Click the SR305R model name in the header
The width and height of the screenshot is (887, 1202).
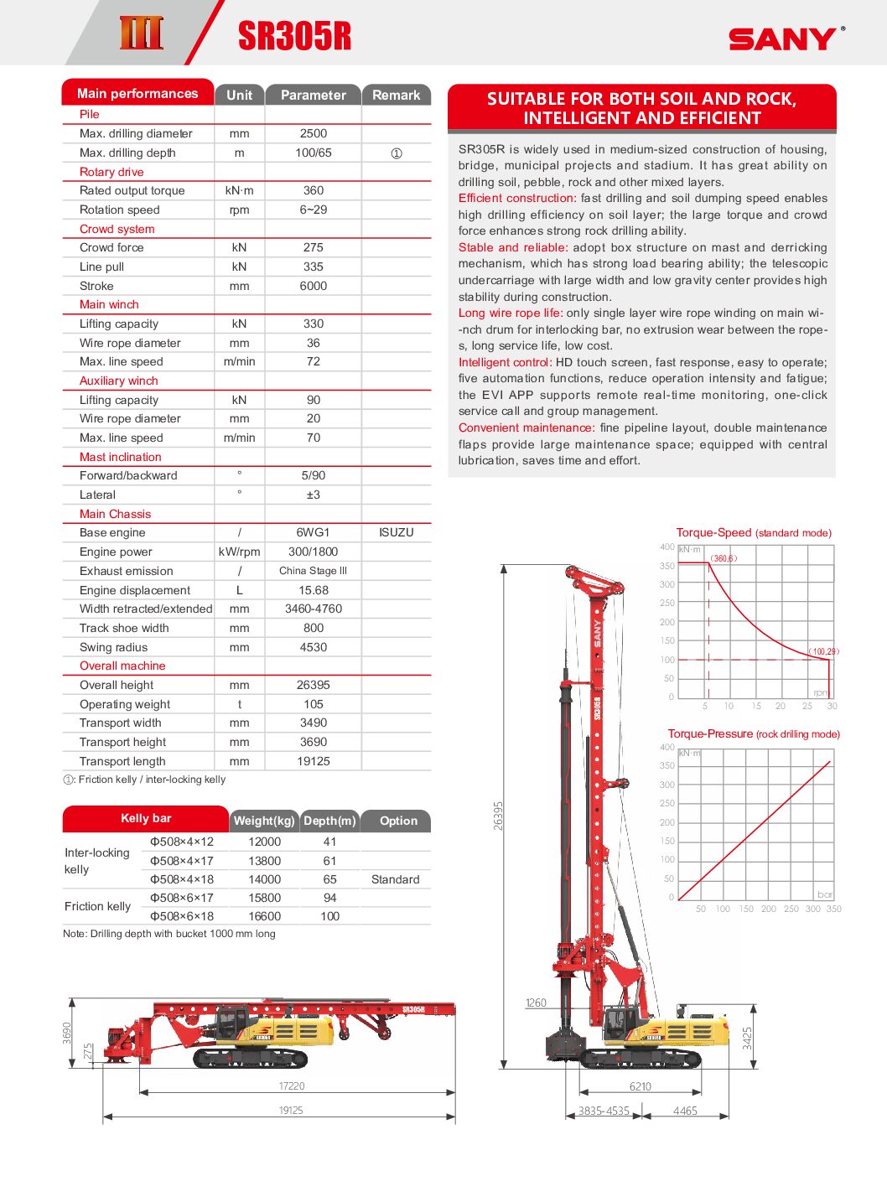coord(294,36)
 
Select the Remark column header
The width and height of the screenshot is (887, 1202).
coord(396,96)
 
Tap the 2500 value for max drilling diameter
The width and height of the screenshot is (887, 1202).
coord(313,133)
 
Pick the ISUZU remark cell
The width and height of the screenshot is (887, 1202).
coord(396,532)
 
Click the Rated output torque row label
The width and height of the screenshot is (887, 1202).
coord(132,190)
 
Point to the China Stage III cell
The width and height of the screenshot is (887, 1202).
coord(313,571)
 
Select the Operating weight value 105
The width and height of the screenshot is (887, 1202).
coord(313,704)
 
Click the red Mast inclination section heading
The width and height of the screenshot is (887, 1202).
coord(120,457)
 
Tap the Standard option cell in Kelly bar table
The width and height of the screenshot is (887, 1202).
coord(395,879)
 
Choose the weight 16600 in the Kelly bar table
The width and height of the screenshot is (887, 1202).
coord(264,916)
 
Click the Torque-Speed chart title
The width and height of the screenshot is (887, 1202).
coord(753,532)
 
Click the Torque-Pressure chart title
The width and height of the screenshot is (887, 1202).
coord(753,733)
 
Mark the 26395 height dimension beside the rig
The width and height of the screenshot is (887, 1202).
coord(498,815)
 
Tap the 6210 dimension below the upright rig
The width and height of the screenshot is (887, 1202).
coord(640,1086)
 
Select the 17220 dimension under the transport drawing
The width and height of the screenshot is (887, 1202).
coord(292,1085)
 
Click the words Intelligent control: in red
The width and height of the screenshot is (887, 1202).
coord(505,362)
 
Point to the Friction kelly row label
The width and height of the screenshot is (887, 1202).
coord(97,906)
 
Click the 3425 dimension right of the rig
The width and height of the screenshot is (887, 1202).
coord(747,1038)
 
